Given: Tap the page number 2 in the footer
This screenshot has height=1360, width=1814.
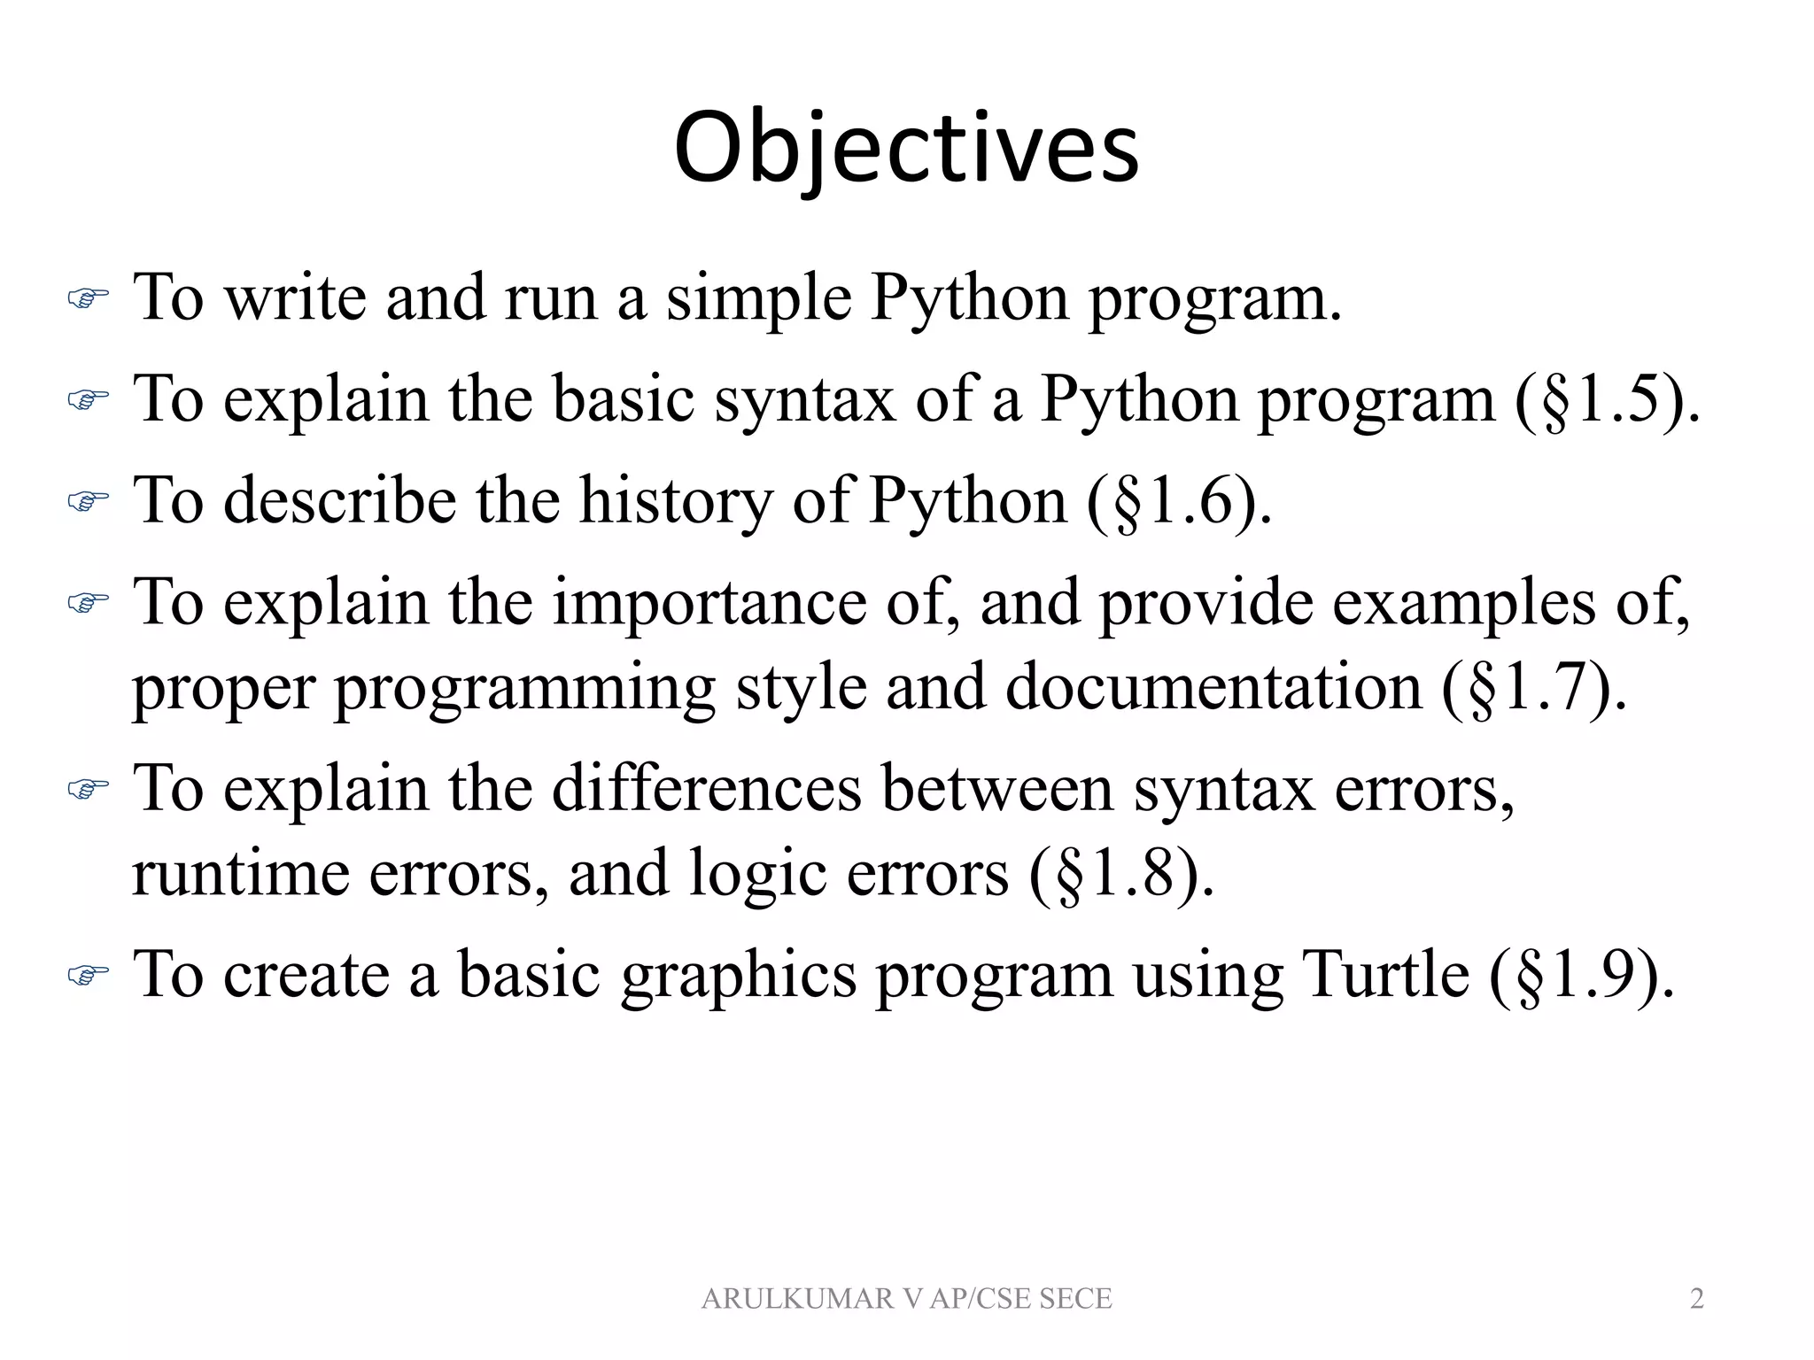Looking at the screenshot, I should tap(1696, 1298).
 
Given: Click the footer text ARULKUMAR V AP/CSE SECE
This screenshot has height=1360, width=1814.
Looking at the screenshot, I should tap(906, 1298).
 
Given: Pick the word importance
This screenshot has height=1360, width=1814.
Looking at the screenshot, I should tap(709, 603).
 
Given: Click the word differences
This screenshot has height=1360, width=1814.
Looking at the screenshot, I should tap(707, 788).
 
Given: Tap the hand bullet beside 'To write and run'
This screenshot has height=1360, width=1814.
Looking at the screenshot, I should tap(87, 299).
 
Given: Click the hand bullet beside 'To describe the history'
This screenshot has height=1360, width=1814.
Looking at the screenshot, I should tap(87, 502).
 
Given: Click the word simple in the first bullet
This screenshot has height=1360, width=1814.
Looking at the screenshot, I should tap(758, 300).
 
